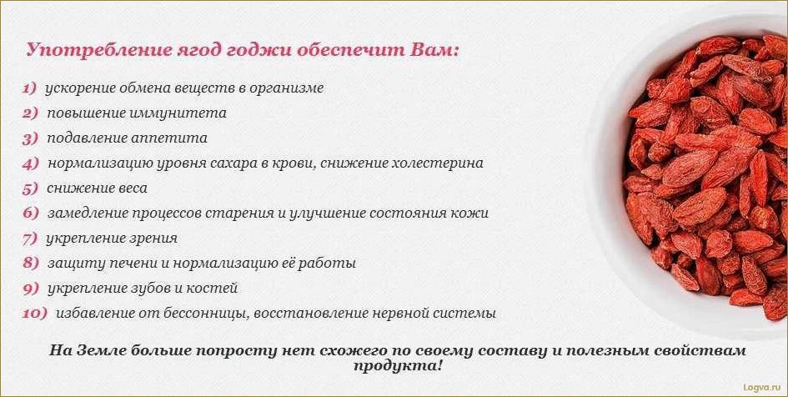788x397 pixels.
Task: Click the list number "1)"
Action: (29, 88)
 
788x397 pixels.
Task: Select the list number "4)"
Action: (31, 163)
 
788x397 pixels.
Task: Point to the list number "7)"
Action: (30, 239)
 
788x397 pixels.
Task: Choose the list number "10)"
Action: (34, 314)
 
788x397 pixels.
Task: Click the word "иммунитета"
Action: (181, 113)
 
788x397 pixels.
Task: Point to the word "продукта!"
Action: (398, 366)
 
